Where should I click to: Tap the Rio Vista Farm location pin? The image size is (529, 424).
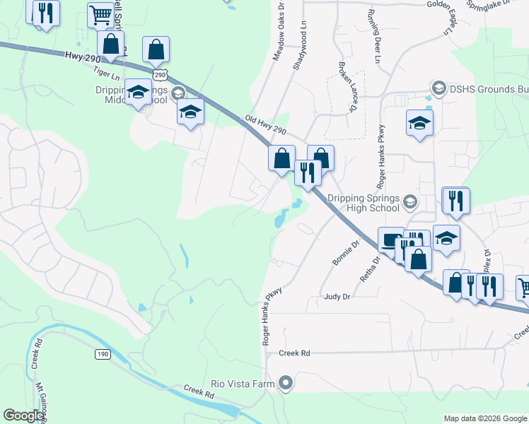286,384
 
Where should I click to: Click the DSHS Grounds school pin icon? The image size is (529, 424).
438,88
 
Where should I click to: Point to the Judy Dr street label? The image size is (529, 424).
337,298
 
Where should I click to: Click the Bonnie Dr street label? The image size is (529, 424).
346,252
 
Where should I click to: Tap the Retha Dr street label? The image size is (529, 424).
370,269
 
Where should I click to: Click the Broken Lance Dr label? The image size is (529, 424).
346,86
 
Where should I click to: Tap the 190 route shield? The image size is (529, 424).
104,353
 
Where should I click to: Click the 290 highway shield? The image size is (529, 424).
161,74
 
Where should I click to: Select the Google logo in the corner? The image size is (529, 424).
23,416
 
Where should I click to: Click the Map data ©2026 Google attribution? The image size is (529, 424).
484,418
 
